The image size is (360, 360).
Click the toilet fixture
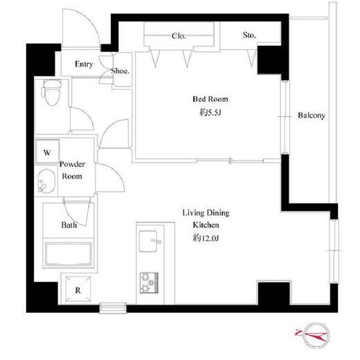coord(52,92)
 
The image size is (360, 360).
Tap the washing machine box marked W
coord(47,152)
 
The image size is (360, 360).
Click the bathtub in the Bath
coord(69,254)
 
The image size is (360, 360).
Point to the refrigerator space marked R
coord(78,289)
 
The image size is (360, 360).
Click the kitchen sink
coord(148,241)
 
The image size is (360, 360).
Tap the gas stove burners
coord(149,283)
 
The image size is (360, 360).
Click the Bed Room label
coord(210,99)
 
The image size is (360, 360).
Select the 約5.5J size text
coord(210,113)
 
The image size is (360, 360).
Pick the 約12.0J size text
coord(206,238)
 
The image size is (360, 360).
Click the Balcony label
coord(312,116)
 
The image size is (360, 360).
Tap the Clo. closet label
coord(179,36)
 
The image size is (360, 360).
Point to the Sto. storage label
coord(249,35)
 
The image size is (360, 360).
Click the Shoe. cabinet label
coord(120,71)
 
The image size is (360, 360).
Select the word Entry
coord(84,64)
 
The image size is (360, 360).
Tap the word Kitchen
coord(206,225)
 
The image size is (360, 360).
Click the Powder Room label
coord(72,170)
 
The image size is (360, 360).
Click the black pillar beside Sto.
coord(269,60)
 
